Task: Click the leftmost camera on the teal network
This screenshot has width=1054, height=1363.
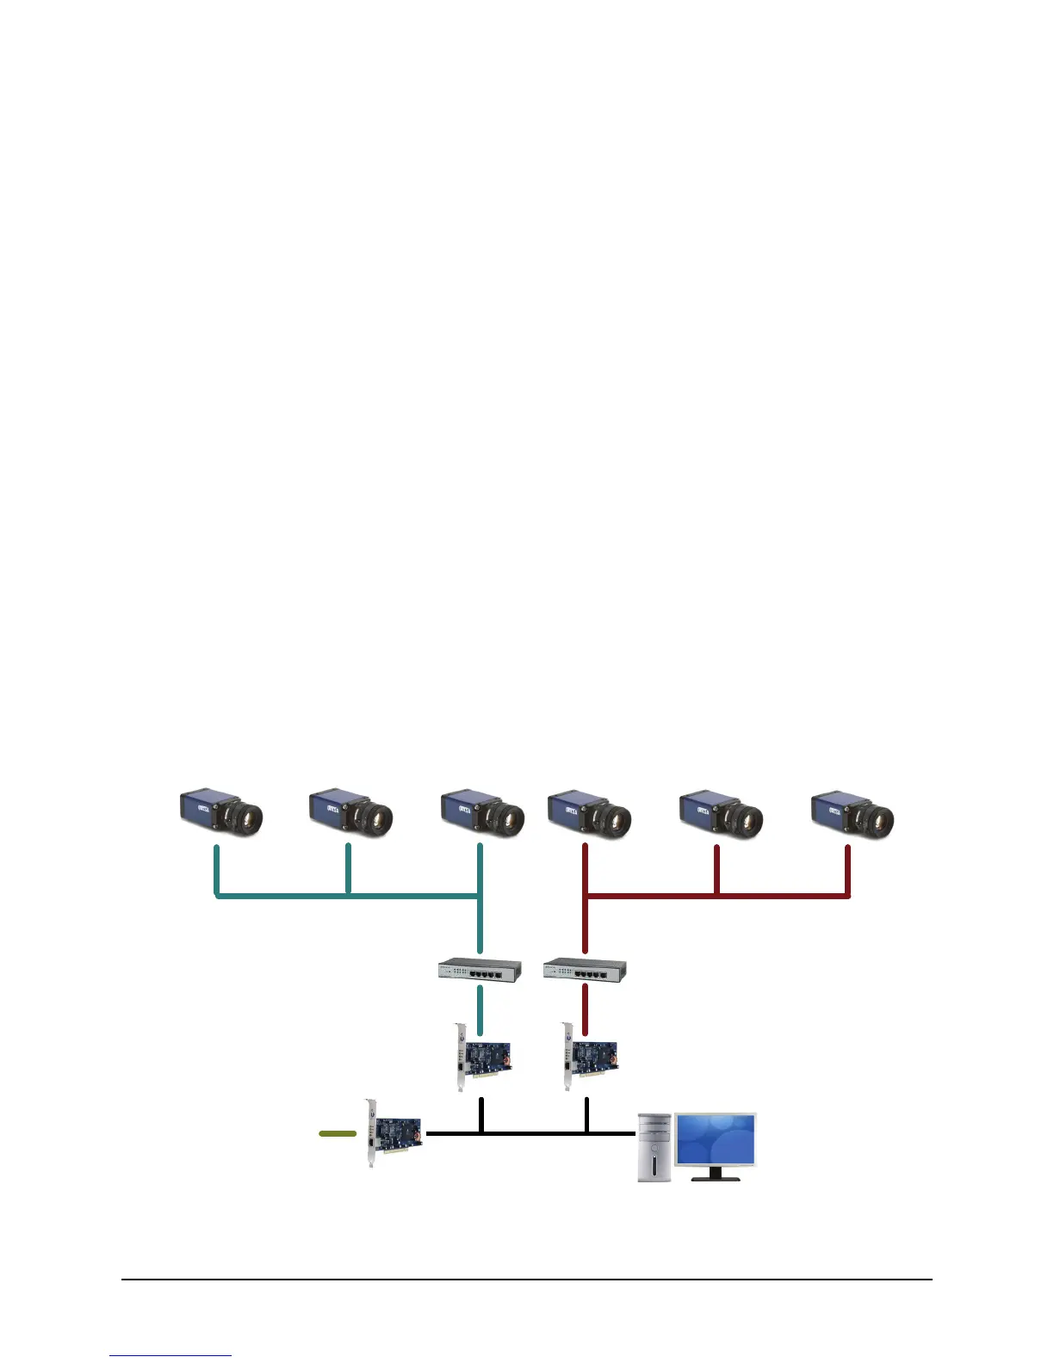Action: pyautogui.click(x=220, y=811)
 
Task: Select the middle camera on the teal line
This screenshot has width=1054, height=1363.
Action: pyautogui.click(x=350, y=811)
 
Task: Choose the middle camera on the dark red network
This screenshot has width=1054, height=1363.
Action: pyautogui.click(x=720, y=811)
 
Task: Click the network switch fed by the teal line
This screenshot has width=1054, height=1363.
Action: pyautogui.click(x=479, y=970)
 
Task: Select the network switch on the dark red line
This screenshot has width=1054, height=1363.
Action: pyautogui.click(x=585, y=970)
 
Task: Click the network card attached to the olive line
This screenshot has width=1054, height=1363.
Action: pyautogui.click(x=393, y=1133)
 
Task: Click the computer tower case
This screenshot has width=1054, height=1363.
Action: pyautogui.click(x=654, y=1146)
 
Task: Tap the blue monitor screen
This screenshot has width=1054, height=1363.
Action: pyautogui.click(x=715, y=1139)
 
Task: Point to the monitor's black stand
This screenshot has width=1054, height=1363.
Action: pyautogui.click(x=715, y=1174)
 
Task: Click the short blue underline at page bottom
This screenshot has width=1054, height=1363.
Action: pyautogui.click(x=170, y=1355)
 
